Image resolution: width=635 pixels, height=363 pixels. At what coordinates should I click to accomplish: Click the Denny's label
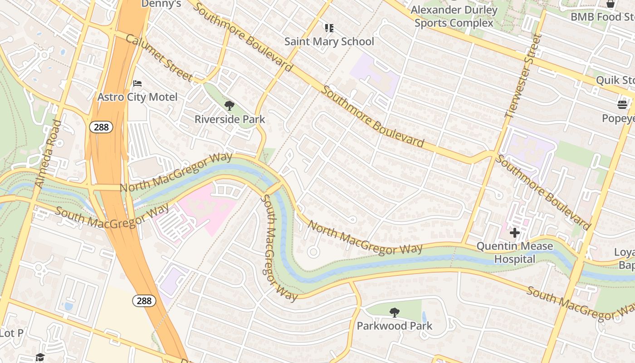point(161,4)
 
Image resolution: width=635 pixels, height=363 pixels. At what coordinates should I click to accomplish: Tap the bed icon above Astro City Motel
point(137,83)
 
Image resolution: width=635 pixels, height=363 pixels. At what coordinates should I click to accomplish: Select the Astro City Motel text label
point(137,97)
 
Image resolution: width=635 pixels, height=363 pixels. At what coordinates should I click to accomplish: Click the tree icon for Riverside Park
point(230,106)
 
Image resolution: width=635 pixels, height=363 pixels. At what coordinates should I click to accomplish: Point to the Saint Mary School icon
point(329,28)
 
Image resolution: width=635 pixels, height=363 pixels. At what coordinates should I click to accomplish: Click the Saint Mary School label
point(329,41)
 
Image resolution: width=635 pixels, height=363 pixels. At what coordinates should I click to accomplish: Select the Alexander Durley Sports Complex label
point(454,16)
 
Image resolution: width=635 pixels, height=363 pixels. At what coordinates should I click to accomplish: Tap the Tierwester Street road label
point(523,76)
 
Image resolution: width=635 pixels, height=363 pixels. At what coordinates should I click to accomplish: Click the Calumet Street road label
point(158,58)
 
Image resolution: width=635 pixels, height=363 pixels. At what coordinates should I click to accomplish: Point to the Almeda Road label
point(48,154)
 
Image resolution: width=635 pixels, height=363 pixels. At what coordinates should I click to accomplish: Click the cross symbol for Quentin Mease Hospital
point(514,233)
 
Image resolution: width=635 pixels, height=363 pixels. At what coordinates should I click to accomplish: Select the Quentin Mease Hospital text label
point(514,253)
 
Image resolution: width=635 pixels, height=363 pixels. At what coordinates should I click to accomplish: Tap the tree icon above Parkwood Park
point(395,313)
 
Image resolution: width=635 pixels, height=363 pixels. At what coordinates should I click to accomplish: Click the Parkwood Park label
point(395,326)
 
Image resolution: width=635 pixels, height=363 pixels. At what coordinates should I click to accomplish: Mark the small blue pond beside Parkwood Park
point(424,317)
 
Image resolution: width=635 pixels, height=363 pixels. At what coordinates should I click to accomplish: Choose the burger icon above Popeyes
point(622,105)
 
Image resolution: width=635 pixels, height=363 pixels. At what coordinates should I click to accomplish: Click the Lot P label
point(11,333)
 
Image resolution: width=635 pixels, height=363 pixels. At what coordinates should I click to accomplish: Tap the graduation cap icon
point(40,357)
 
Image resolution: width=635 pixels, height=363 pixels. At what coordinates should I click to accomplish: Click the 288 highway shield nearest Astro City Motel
point(101,127)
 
